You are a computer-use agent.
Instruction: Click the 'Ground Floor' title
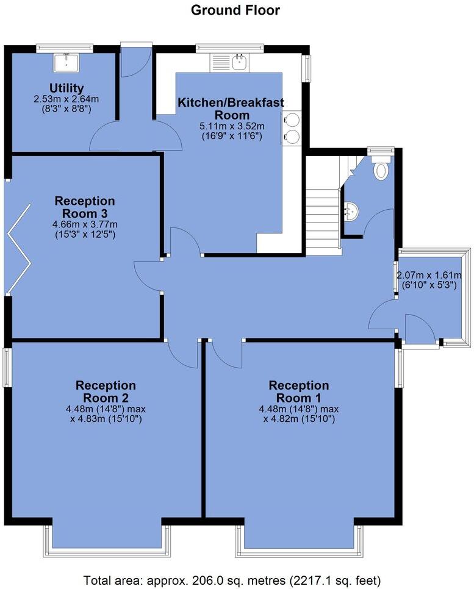pyautogui.click(x=235, y=10)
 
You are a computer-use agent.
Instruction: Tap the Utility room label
pyautogui.click(x=67, y=88)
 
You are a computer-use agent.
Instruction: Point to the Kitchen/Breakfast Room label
pyautogui.click(x=231, y=109)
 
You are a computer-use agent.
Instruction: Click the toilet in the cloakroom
pyautogui.click(x=381, y=169)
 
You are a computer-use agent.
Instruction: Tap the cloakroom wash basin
pyautogui.click(x=352, y=210)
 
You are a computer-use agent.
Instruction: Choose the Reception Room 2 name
pyautogui.click(x=106, y=391)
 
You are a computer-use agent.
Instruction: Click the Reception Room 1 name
pyautogui.click(x=299, y=391)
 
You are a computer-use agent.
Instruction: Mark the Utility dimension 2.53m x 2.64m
pyautogui.click(x=67, y=99)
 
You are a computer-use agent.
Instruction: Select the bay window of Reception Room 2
pyautogui.click(x=106, y=543)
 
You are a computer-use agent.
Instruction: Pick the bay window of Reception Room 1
pyautogui.click(x=299, y=543)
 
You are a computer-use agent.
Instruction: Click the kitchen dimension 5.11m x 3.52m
pyautogui.click(x=231, y=126)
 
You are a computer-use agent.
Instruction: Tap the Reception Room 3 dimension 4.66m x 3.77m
pyautogui.click(x=85, y=224)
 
